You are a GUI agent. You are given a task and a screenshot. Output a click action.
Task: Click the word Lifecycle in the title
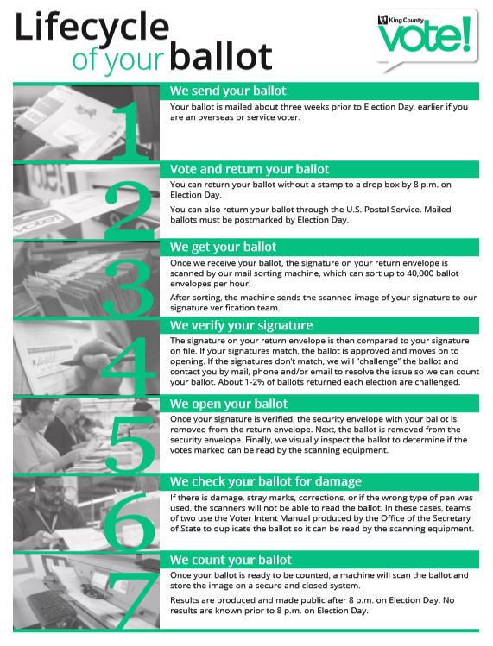click(x=92, y=27)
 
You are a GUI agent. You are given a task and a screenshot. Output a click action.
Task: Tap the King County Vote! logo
click(x=427, y=40)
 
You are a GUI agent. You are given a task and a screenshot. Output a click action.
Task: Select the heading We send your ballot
click(x=228, y=91)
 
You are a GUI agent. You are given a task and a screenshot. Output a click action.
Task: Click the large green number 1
click(x=130, y=130)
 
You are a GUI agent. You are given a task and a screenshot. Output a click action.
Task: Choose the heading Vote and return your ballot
click(x=250, y=169)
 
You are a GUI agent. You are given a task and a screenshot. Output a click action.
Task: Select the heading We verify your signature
click(x=242, y=325)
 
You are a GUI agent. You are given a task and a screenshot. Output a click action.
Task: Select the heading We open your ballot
click(x=229, y=404)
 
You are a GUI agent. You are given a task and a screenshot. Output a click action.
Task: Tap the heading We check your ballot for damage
click(x=266, y=481)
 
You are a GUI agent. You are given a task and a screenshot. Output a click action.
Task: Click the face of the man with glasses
click(x=53, y=496)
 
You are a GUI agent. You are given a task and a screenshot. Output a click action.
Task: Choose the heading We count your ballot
click(x=231, y=560)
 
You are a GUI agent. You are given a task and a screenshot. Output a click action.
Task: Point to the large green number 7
click(x=132, y=600)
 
